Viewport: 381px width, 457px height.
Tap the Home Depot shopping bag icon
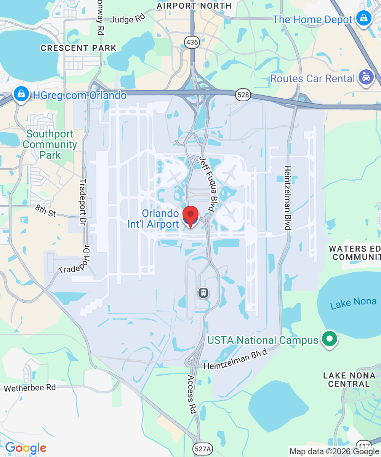pyautogui.click(x=364, y=18)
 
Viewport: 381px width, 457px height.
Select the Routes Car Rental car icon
pyautogui.click(x=366, y=78)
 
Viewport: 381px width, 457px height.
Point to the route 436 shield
pyautogui.click(x=192, y=42)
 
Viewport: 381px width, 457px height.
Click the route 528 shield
pyautogui.click(x=243, y=95)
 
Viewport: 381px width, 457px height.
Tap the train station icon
pyautogui.click(x=204, y=293)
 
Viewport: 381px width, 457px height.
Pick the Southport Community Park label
pyautogui.click(x=50, y=145)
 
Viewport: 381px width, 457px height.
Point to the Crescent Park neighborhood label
pyautogui.click(x=78, y=48)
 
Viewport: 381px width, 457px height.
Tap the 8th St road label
pyautogui.click(x=45, y=211)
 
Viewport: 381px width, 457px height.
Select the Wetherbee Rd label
pyautogui.click(x=30, y=388)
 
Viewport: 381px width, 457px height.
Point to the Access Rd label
pyautogui.click(x=191, y=395)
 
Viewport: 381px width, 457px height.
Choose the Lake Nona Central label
pyautogui.click(x=349, y=380)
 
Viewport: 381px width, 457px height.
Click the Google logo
pyautogui.click(x=26, y=448)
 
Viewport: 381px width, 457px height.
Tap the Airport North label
pyautogui.click(x=194, y=6)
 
